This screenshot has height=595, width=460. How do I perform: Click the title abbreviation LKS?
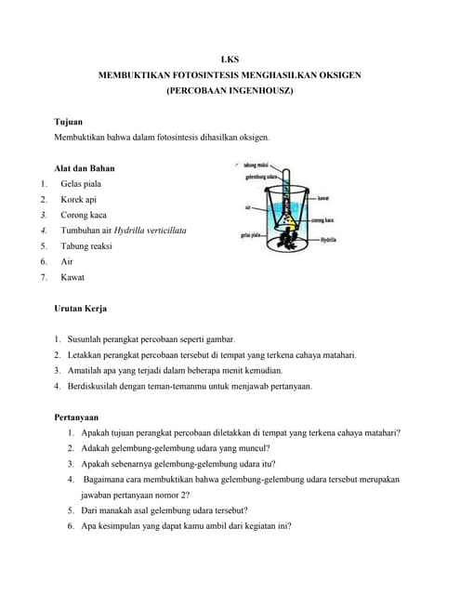(230, 58)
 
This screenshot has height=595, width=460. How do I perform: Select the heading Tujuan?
(70, 122)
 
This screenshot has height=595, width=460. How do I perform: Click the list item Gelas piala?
(81, 184)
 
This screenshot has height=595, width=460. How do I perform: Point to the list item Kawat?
(72, 277)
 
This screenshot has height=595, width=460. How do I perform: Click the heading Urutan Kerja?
(86, 308)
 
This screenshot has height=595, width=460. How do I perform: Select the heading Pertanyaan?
(77, 417)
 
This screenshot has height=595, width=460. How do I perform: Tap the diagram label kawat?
(323, 198)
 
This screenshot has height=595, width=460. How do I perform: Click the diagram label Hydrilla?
(327, 240)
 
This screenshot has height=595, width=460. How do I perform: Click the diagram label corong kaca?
(323, 219)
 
